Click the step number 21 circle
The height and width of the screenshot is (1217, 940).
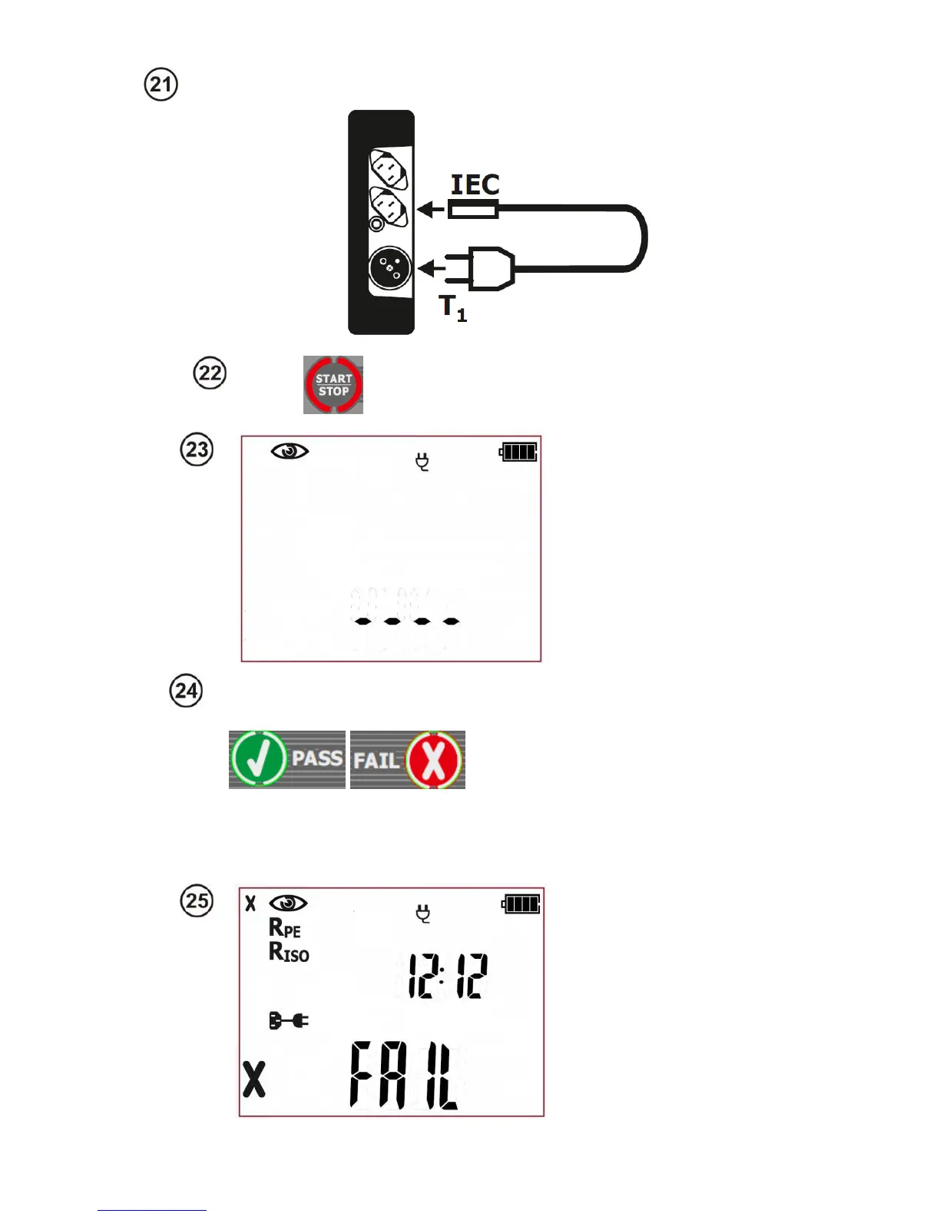click(161, 84)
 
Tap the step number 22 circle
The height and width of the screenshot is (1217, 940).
click(210, 373)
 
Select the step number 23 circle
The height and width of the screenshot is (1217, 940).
click(197, 449)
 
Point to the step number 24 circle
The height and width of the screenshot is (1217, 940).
click(186, 691)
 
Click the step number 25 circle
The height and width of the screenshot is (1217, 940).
click(197, 900)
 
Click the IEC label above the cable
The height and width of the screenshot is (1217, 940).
click(475, 185)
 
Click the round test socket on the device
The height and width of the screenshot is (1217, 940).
click(390, 268)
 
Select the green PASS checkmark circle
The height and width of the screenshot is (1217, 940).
click(258, 759)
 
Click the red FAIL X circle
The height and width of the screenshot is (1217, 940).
click(434, 760)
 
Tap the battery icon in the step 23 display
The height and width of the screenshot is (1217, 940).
click(518, 452)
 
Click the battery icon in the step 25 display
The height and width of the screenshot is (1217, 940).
click(521, 904)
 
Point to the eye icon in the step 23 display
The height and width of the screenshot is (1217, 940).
click(290, 451)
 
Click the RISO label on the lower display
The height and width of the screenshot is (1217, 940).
click(289, 953)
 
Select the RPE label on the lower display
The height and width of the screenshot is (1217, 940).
click(284, 929)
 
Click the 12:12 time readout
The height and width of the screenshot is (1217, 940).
click(447, 976)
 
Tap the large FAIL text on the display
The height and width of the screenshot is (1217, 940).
click(405, 1076)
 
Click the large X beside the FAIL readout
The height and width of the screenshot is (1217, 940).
click(254, 1079)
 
